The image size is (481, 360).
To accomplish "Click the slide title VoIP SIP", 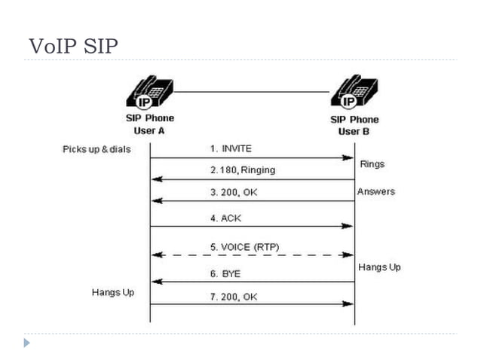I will coord(73,47).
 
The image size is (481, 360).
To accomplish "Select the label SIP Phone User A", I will coord(149,124).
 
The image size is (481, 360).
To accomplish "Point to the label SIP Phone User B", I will coord(354,125).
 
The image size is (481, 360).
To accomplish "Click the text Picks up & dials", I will coord(97,149).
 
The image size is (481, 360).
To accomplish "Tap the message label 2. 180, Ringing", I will coord(242,170).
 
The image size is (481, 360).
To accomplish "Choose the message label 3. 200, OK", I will coord(234,193).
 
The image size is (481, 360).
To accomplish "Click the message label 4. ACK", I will coord(226,218).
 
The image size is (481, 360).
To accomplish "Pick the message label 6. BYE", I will coord(225,274).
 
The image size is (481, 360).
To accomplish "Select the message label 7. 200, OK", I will coord(234,297).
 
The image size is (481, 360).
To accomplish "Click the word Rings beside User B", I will coord(372,163).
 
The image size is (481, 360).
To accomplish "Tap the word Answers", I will coord(375,191).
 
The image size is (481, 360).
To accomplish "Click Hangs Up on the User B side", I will coord(379,267).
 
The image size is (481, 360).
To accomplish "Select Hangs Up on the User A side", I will coord(113,291).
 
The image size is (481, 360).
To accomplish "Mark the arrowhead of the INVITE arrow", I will coord(349,158).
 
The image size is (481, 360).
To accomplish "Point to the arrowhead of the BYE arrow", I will coord(155,282).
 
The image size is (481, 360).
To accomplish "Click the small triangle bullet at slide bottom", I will coord(27,343).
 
